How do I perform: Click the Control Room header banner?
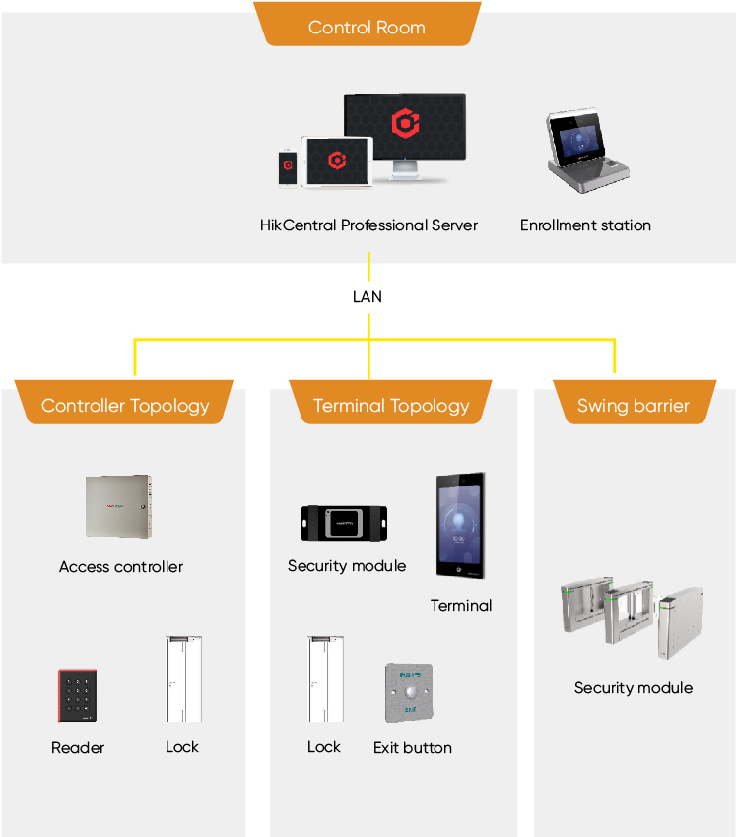(x=367, y=27)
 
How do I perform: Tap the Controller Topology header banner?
(x=125, y=405)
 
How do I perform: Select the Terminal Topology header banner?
(x=391, y=405)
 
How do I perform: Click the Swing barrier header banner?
(x=634, y=405)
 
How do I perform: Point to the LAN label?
(x=368, y=296)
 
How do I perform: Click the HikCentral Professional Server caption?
(x=368, y=225)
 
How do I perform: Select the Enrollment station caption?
(x=585, y=225)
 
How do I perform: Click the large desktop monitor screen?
(x=404, y=128)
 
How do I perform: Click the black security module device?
(x=344, y=523)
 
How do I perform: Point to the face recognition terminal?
(x=461, y=526)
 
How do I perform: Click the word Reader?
(x=78, y=748)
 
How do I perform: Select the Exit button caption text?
(x=413, y=748)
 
